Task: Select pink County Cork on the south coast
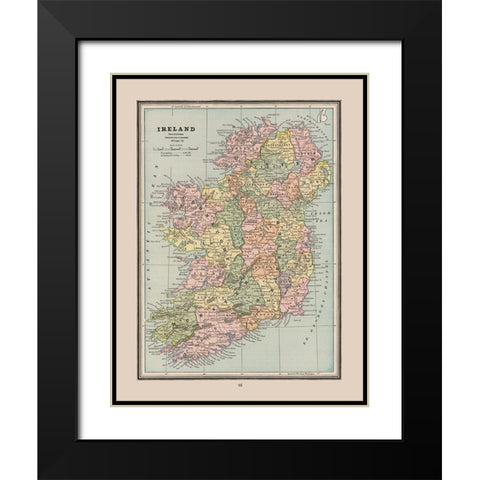(205, 325)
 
